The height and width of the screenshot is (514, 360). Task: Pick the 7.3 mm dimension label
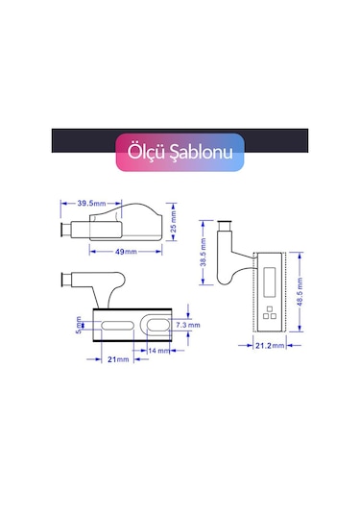pos(187,325)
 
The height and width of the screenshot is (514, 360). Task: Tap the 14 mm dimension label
pos(158,351)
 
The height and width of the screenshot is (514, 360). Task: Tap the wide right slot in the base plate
pos(153,325)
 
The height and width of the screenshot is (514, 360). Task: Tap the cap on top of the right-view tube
pos(227,221)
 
